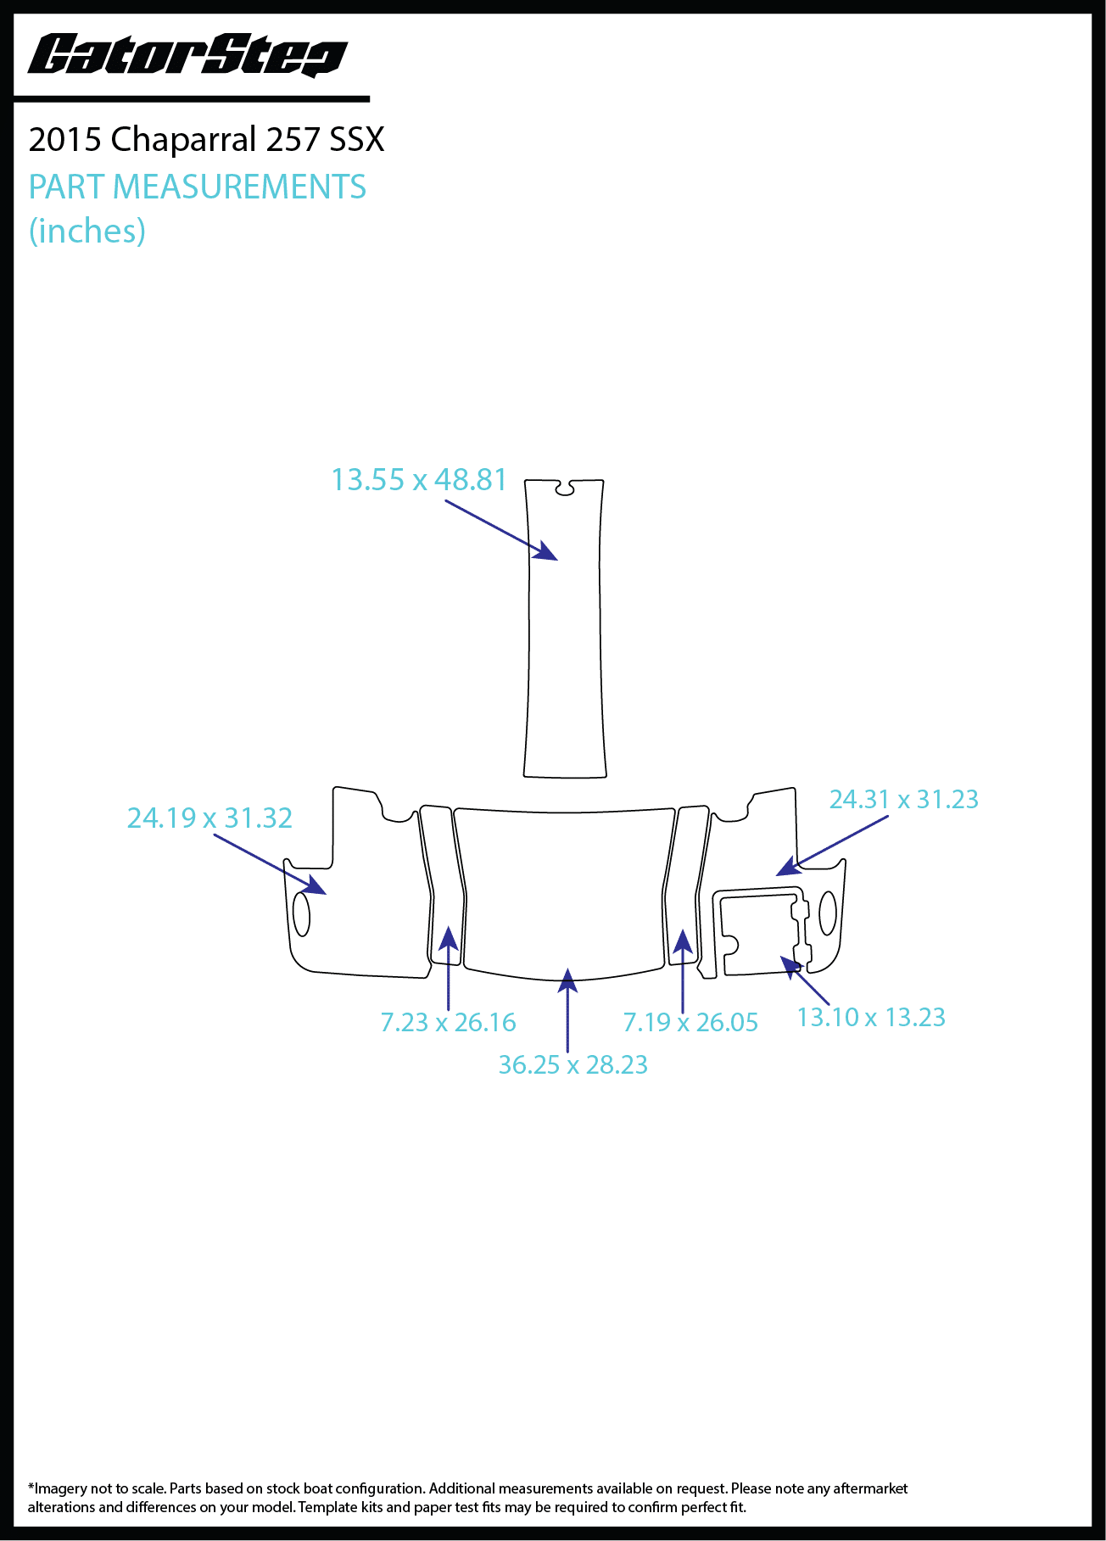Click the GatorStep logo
pos(187,56)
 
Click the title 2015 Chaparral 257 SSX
pos(206,139)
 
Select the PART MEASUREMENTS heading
pos(197,187)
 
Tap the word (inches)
pos(87,231)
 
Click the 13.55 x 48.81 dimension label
pos(419,479)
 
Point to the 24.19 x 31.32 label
pos(209,818)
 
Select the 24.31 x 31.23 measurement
pos(903,799)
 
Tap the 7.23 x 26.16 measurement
pos(448,1022)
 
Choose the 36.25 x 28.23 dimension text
pos(573,1064)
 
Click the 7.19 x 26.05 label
pos(690,1022)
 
